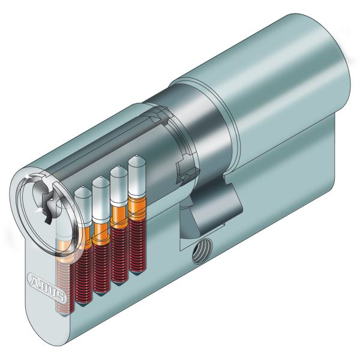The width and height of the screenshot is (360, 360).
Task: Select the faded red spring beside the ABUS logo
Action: tap(64, 282)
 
